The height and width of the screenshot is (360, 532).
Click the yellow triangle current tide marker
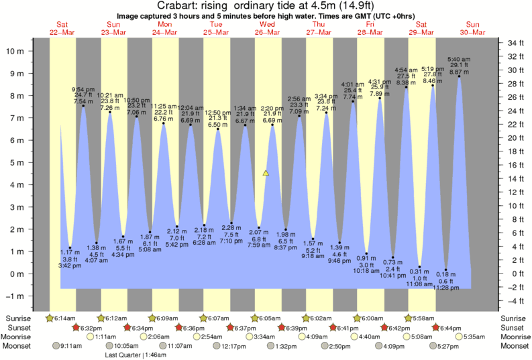tap(266, 173)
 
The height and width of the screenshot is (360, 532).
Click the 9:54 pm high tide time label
tap(83, 89)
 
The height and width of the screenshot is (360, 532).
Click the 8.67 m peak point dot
tap(460, 76)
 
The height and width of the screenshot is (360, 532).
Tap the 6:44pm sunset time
tap(453, 327)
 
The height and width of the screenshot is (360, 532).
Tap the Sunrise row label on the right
tap(512, 318)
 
